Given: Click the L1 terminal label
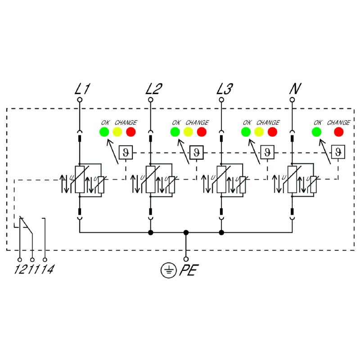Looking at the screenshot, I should (x=82, y=89).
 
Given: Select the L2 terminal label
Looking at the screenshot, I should (x=153, y=89).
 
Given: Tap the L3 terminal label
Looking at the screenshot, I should (x=225, y=89).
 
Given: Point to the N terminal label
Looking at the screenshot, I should (x=294, y=89).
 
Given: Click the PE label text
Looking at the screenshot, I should (x=189, y=271).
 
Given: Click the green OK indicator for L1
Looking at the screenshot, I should (x=104, y=132).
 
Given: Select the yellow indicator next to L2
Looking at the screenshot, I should (x=188, y=132).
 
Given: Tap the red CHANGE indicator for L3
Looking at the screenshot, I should (x=272, y=132).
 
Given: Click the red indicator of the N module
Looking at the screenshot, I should (x=338, y=132).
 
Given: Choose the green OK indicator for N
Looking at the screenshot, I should (x=316, y=132).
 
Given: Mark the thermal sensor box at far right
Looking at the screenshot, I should (x=337, y=152).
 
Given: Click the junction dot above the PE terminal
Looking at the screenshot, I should (x=186, y=233).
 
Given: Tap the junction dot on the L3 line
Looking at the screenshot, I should (x=221, y=233).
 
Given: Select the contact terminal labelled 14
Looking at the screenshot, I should (x=45, y=260).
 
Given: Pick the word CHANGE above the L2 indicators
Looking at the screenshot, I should (x=197, y=122).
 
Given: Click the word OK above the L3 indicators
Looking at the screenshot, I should (x=247, y=122).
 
